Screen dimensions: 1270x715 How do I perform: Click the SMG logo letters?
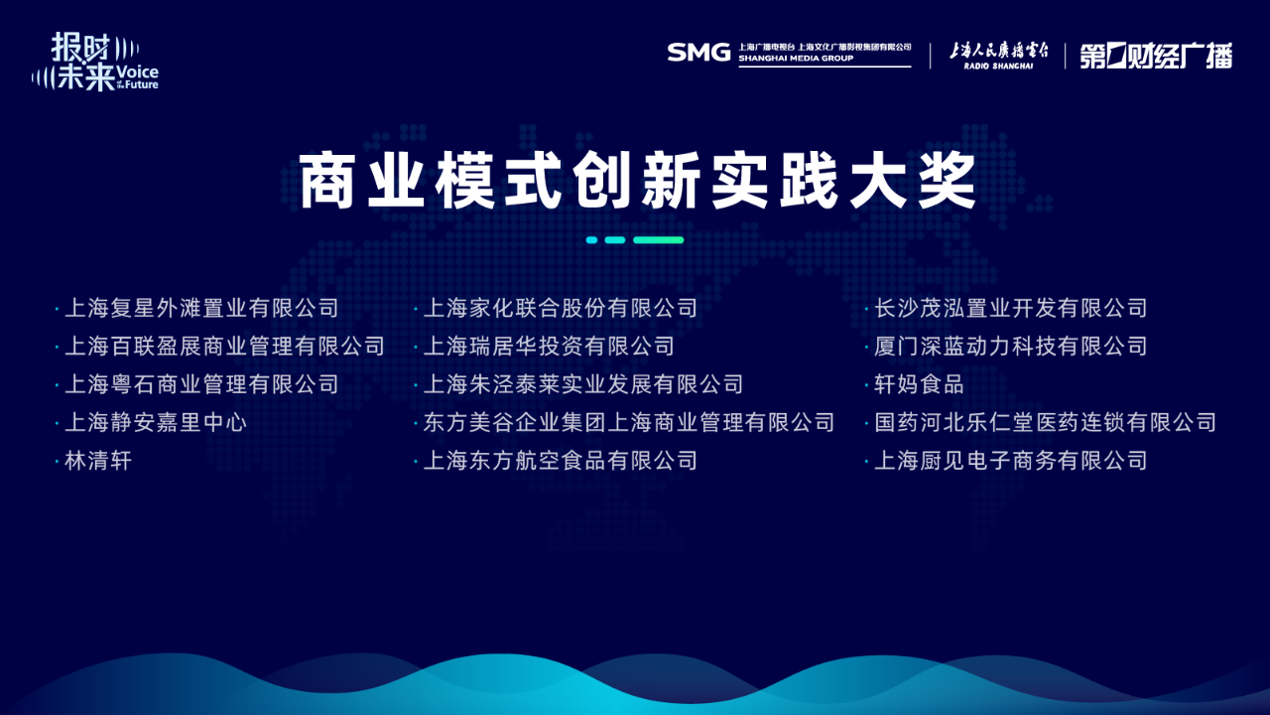pyautogui.click(x=698, y=53)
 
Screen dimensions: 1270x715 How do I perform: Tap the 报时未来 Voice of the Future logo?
pyautogui.click(x=94, y=62)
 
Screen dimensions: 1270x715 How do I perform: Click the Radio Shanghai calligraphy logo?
pyautogui.click(x=999, y=55)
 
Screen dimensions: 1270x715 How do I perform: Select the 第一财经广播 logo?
pyautogui.click(x=1156, y=56)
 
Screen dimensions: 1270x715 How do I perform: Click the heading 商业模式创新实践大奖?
pyautogui.click(x=637, y=180)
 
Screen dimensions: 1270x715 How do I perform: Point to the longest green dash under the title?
pyautogui.click(x=658, y=240)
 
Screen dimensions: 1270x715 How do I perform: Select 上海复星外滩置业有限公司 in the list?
pyautogui.click(x=201, y=308)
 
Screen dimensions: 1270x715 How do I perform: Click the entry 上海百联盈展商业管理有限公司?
pyautogui.click(x=224, y=347)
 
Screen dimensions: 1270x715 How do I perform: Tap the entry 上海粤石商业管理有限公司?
pyautogui.click(x=201, y=384)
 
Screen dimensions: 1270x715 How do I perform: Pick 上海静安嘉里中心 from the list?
pyautogui.click(x=156, y=422)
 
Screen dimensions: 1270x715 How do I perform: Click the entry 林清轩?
pyautogui.click(x=98, y=460)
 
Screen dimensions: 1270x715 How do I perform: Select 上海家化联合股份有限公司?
pyautogui.click(x=561, y=308)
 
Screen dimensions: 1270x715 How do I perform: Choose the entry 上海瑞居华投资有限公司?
pyautogui.click(x=549, y=347)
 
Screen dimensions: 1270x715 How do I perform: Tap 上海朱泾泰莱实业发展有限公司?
pyautogui.click(x=583, y=384)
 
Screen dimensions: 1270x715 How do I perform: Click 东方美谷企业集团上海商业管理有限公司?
pyautogui.click(x=629, y=422)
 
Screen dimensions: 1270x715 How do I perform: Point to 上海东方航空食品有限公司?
pyautogui.click(x=561, y=460)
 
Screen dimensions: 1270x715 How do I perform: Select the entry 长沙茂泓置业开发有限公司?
pyautogui.click(x=1011, y=308)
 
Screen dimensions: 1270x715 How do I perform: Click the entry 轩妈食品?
pyautogui.click(x=919, y=384)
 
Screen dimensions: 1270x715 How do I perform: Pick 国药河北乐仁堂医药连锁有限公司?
pyautogui.click(x=1045, y=422)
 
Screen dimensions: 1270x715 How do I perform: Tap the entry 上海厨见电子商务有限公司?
pyautogui.click(x=1011, y=460)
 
